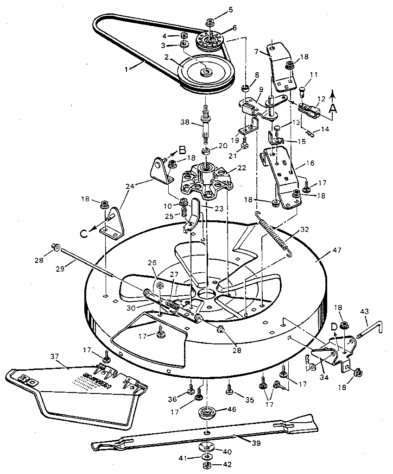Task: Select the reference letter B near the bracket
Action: [182, 150]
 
